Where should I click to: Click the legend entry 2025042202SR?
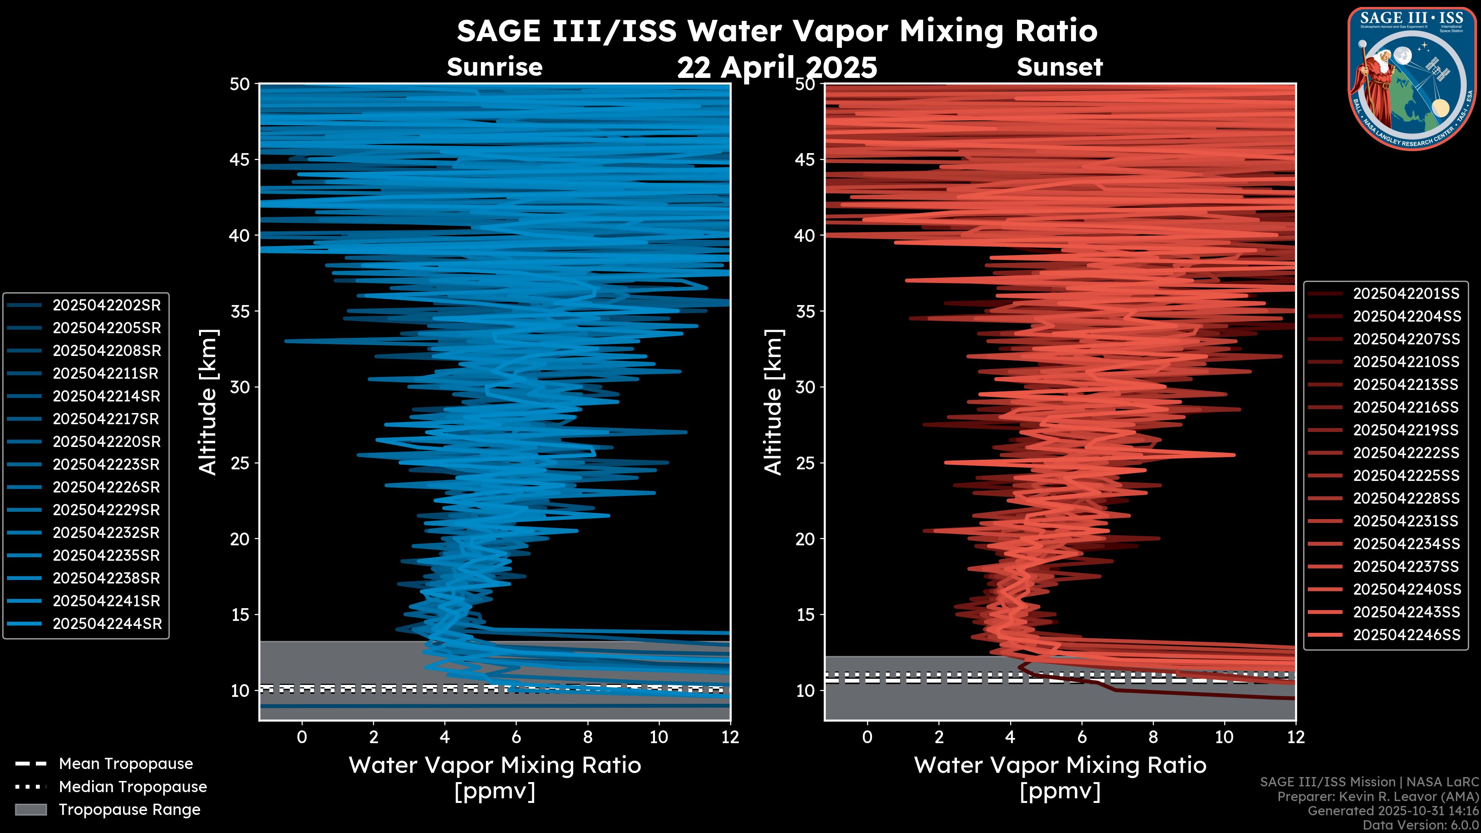[106, 305]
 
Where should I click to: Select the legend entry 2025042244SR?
[107, 624]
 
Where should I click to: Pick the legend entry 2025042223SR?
[106, 464]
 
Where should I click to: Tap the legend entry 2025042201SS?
[1406, 294]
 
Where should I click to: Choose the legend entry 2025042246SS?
[1406, 635]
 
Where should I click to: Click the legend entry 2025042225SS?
[1406, 476]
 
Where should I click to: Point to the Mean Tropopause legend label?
[126, 764]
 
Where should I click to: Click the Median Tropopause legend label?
[133, 787]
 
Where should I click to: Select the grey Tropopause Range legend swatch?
[30, 809]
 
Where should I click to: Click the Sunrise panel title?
[494, 67]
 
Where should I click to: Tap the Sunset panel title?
[1059, 67]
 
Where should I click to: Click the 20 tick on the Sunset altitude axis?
[805, 539]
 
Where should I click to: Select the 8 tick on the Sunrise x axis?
[587, 737]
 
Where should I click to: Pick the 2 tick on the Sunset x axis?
[939, 737]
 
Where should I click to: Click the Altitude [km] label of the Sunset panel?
[774, 402]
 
